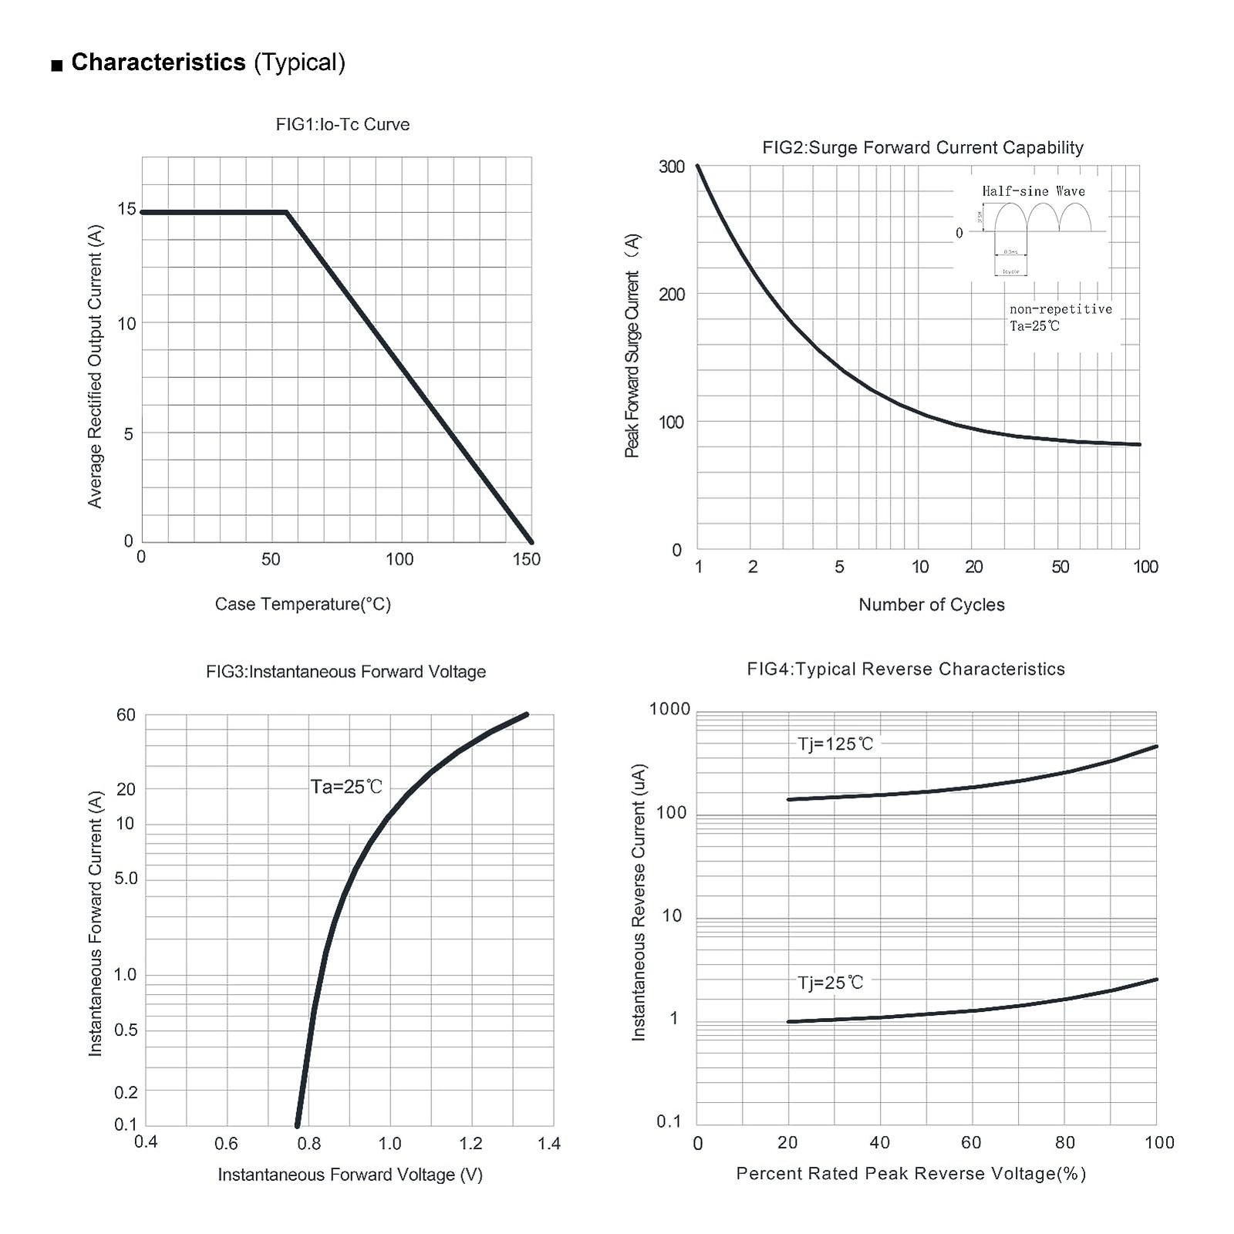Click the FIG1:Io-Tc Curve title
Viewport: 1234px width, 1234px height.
(342, 125)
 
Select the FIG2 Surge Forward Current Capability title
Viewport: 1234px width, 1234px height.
(922, 147)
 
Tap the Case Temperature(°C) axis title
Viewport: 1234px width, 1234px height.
(302, 604)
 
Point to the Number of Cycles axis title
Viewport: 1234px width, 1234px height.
(931, 605)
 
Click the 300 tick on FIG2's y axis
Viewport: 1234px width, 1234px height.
(672, 167)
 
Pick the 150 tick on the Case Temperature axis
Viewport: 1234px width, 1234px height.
(527, 559)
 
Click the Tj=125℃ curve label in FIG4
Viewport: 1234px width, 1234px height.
(835, 744)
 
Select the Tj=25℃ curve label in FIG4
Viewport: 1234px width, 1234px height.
(831, 983)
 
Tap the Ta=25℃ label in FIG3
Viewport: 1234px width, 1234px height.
(346, 787)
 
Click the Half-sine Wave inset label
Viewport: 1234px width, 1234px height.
(1033, 191)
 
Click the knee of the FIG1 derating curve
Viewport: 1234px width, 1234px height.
(287, 211)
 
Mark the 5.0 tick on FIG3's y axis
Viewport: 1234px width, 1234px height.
(126, 878)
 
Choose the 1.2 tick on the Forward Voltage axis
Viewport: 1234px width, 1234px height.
(470, 1143)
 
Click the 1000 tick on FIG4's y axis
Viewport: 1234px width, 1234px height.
(670, 709)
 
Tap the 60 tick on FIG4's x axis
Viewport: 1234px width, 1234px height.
(970, 1142)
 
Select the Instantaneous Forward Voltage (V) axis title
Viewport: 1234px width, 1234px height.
(349, 1175)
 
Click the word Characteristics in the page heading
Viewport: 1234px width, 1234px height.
(158, 62)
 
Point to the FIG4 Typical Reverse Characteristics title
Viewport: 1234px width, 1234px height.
(905, 669)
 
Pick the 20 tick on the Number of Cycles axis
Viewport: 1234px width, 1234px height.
(974, 567)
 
